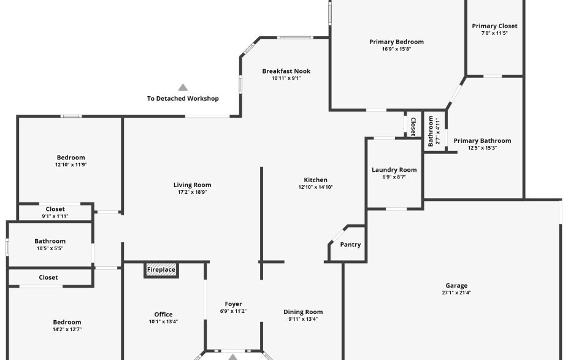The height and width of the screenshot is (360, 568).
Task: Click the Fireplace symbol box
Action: (161, 270)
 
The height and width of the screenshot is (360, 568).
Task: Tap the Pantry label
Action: (350, 245)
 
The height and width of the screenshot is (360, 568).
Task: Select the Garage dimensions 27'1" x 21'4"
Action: (456, 293)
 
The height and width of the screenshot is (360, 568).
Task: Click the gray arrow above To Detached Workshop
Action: (183, 87)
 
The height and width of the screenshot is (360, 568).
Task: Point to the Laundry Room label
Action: (394, 170)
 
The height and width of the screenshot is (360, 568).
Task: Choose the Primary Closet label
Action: (494, 26)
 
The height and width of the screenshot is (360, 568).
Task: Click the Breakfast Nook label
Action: (286, 71)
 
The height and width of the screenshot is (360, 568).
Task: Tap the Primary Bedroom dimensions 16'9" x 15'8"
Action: (396, 49)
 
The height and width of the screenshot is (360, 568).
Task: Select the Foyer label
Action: (233, 304)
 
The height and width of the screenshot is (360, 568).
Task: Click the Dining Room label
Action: (303, 312)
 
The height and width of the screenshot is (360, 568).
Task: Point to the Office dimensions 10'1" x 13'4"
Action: (163, 321)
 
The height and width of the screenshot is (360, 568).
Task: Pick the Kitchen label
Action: (315, 180)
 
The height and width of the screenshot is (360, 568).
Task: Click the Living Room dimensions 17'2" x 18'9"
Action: (192, 192)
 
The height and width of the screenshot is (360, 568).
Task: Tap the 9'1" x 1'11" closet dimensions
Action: (55, 216)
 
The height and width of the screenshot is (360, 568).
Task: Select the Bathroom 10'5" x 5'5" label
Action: (50, 241)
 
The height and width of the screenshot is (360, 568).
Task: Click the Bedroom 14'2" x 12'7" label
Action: (67, 323)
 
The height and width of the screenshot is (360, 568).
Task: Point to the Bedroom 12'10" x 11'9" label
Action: (71, 158)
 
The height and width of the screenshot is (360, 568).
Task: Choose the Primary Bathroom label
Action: (482, 140)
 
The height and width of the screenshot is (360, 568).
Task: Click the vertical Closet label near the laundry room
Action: (413, 127)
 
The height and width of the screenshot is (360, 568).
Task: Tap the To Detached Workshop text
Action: (183, 99)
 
